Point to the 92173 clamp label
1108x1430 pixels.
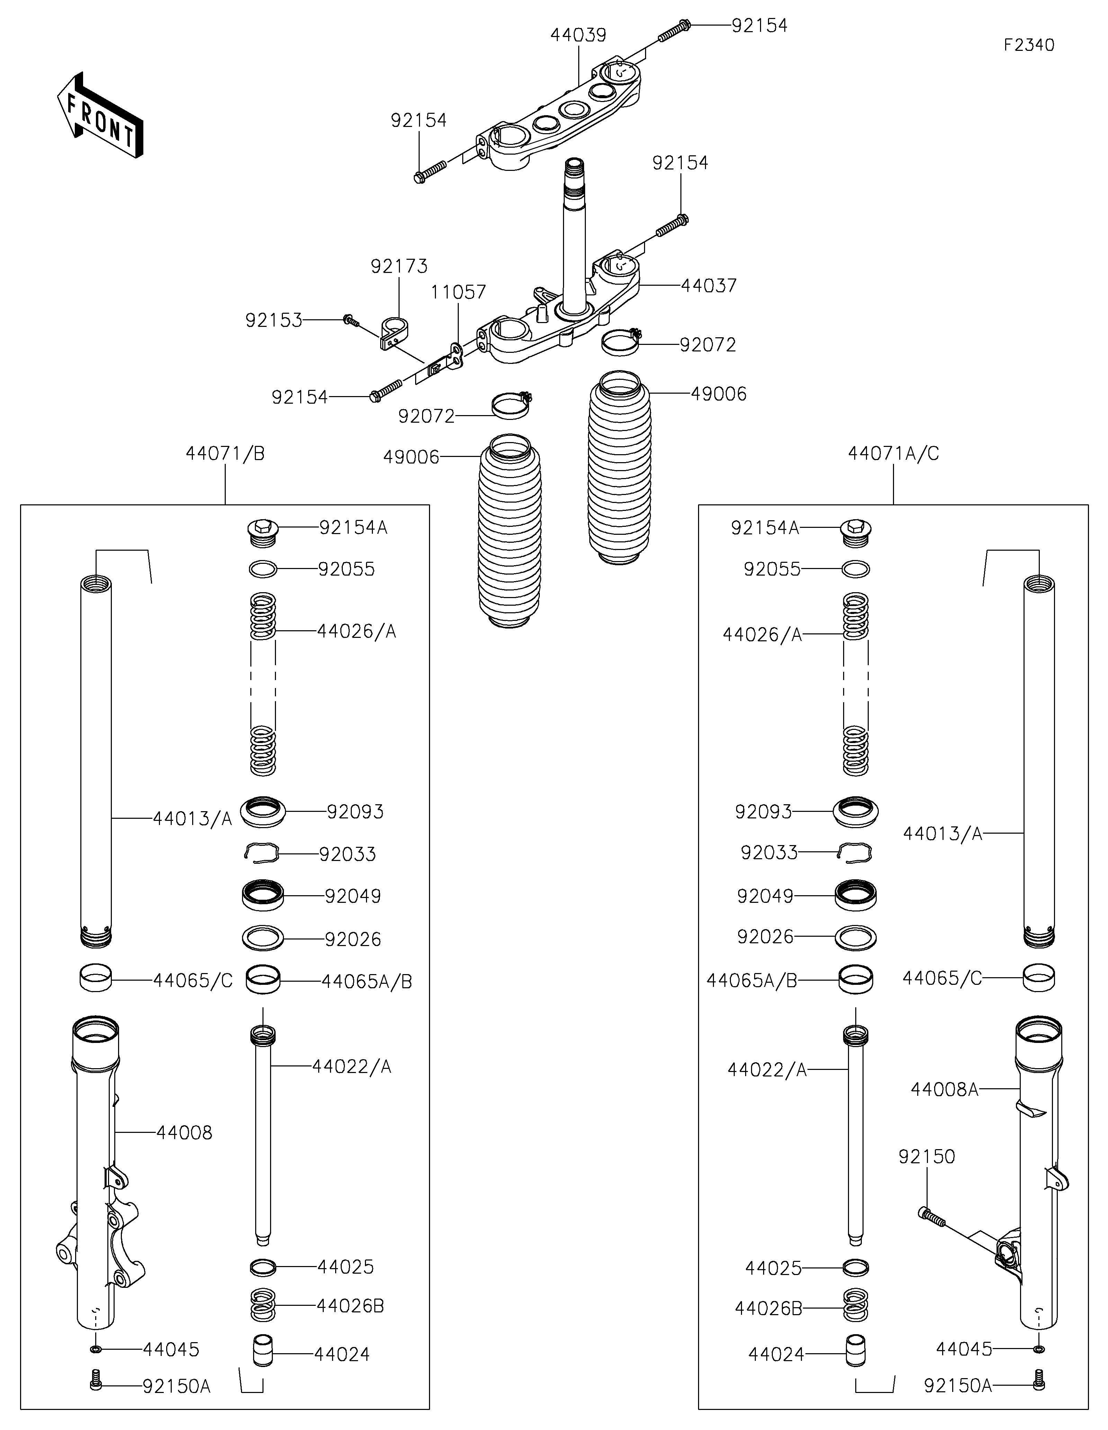399,266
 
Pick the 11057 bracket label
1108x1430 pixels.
458,292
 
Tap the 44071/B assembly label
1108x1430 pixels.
225,454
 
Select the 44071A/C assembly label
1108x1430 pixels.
894,454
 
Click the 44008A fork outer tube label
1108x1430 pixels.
944,1090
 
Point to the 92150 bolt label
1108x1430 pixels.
927,1157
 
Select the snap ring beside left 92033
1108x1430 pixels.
262,852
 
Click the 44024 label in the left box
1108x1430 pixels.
342,1354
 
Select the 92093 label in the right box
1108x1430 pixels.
763,812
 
